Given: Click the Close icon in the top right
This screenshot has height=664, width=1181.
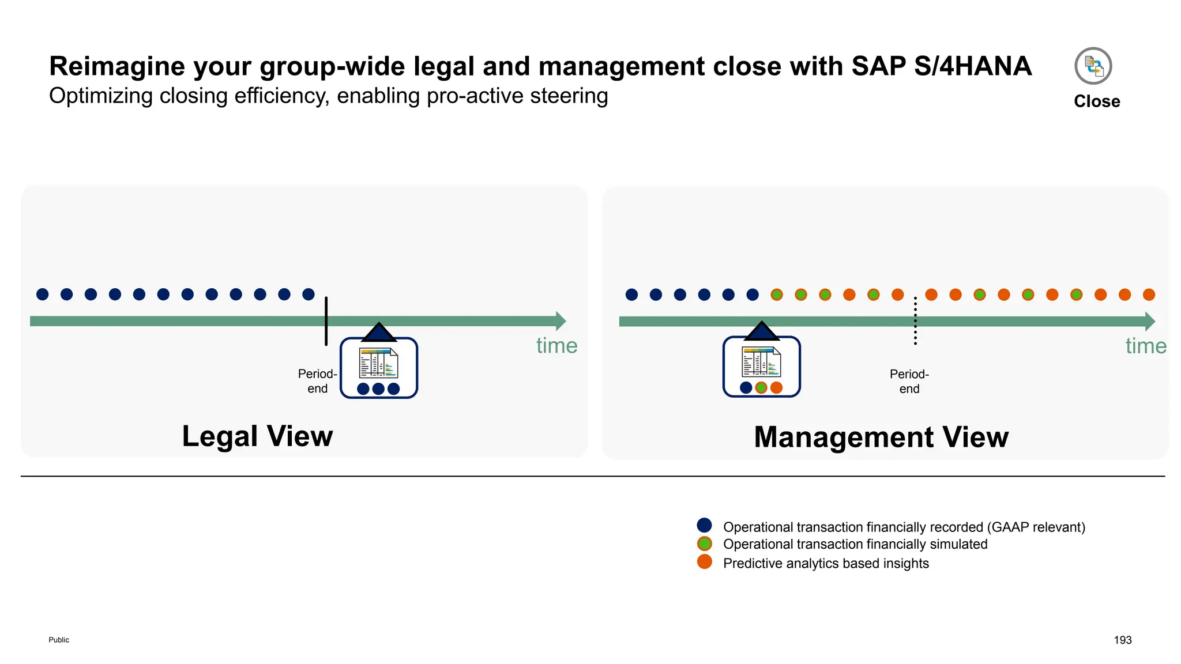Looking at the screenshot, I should [1093, 66].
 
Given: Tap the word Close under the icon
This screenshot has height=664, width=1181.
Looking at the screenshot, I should [1096, 101].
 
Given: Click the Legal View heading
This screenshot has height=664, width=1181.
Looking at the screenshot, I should [257, 436].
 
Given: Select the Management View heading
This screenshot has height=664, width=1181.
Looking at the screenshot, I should [881, 437].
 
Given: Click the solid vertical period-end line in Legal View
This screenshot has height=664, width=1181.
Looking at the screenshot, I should [326, 320].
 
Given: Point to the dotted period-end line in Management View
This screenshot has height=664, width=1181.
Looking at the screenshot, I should [915, 320].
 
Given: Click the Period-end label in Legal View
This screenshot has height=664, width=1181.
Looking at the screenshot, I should [317, 381].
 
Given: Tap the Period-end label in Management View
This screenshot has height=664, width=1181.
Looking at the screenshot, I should [909, 382].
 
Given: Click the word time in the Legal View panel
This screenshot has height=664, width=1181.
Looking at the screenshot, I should [556, 346].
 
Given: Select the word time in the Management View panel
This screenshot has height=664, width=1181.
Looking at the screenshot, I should [1146, 346].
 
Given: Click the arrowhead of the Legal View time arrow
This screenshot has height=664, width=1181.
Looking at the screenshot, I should [561, 321].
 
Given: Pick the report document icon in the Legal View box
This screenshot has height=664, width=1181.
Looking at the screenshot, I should [378, 363].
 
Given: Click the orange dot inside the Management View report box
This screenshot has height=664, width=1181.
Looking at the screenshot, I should [777, 388].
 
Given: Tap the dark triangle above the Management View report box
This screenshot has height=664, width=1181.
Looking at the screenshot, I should [762, 332].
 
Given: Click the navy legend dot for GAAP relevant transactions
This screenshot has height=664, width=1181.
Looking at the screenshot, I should [704, 525].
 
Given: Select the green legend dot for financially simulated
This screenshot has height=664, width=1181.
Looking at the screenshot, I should [704, 544].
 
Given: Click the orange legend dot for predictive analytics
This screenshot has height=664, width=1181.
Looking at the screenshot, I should [704, 562].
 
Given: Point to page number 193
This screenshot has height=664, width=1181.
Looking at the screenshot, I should [1122, 640].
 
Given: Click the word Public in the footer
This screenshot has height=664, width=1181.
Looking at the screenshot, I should [59, 640].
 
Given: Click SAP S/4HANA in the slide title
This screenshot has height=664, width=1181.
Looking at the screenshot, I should [941, 66].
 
